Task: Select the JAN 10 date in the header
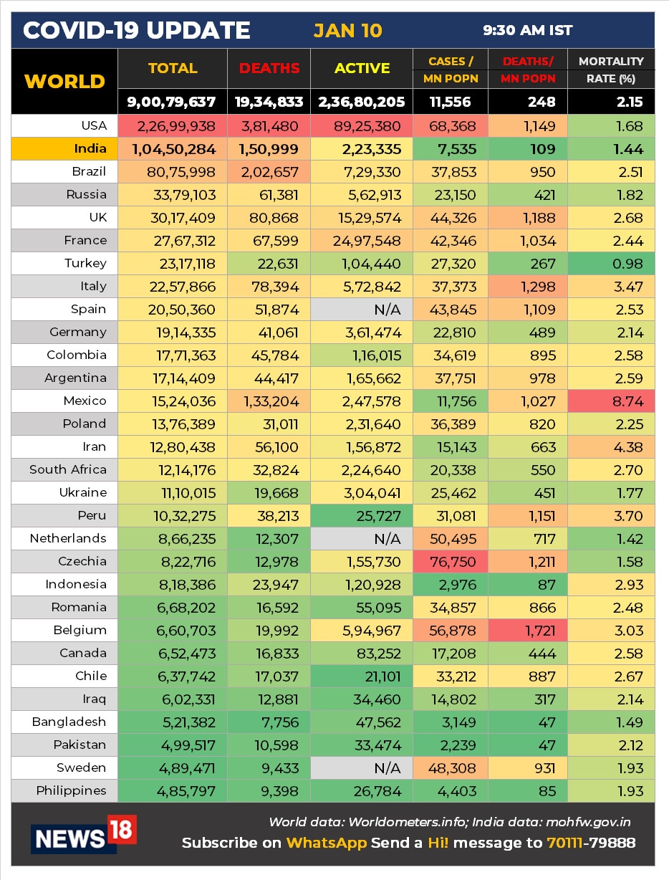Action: (x=347, y=31)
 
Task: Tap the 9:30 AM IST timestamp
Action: (x=527, y=31)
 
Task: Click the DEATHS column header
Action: (x=269, y=69)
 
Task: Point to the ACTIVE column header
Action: (x=362, y=69)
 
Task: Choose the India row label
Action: (x=90, y=149)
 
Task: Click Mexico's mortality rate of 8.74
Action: (x=628, y=401)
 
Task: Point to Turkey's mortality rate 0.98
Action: (x=628, y=264)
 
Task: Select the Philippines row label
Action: (x=72, y=791)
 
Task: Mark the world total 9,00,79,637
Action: (x=172, y=102)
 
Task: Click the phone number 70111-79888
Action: (x=590, y=843)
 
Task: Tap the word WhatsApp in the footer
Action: (x=327, y=843)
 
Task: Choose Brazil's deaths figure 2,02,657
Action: (x=270, y=172)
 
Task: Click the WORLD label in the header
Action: (x=64, y=81)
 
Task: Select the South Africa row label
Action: (x=68, y=470)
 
